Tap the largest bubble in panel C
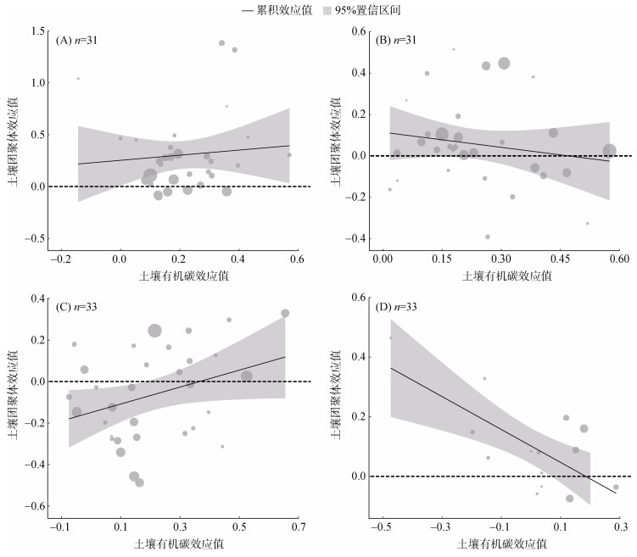tap(154, 331)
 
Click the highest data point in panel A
tap(222, 42)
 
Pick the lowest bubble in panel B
tap(488, 237)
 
